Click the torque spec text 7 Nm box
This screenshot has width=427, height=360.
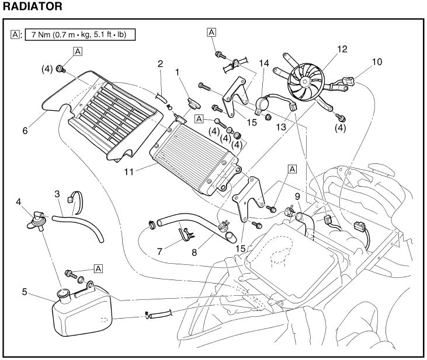[79, 35]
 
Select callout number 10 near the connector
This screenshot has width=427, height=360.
[377, 61]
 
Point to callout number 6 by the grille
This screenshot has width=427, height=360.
[25, 131]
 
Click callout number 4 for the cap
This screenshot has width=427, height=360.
[19, 202]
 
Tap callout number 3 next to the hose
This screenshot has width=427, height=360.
[57, 193]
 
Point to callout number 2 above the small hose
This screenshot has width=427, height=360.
[160, 62]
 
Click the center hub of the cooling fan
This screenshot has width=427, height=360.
[306, 82]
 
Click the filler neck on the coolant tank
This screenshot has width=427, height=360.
[63, 292]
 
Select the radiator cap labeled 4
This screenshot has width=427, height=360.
[37, 219]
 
